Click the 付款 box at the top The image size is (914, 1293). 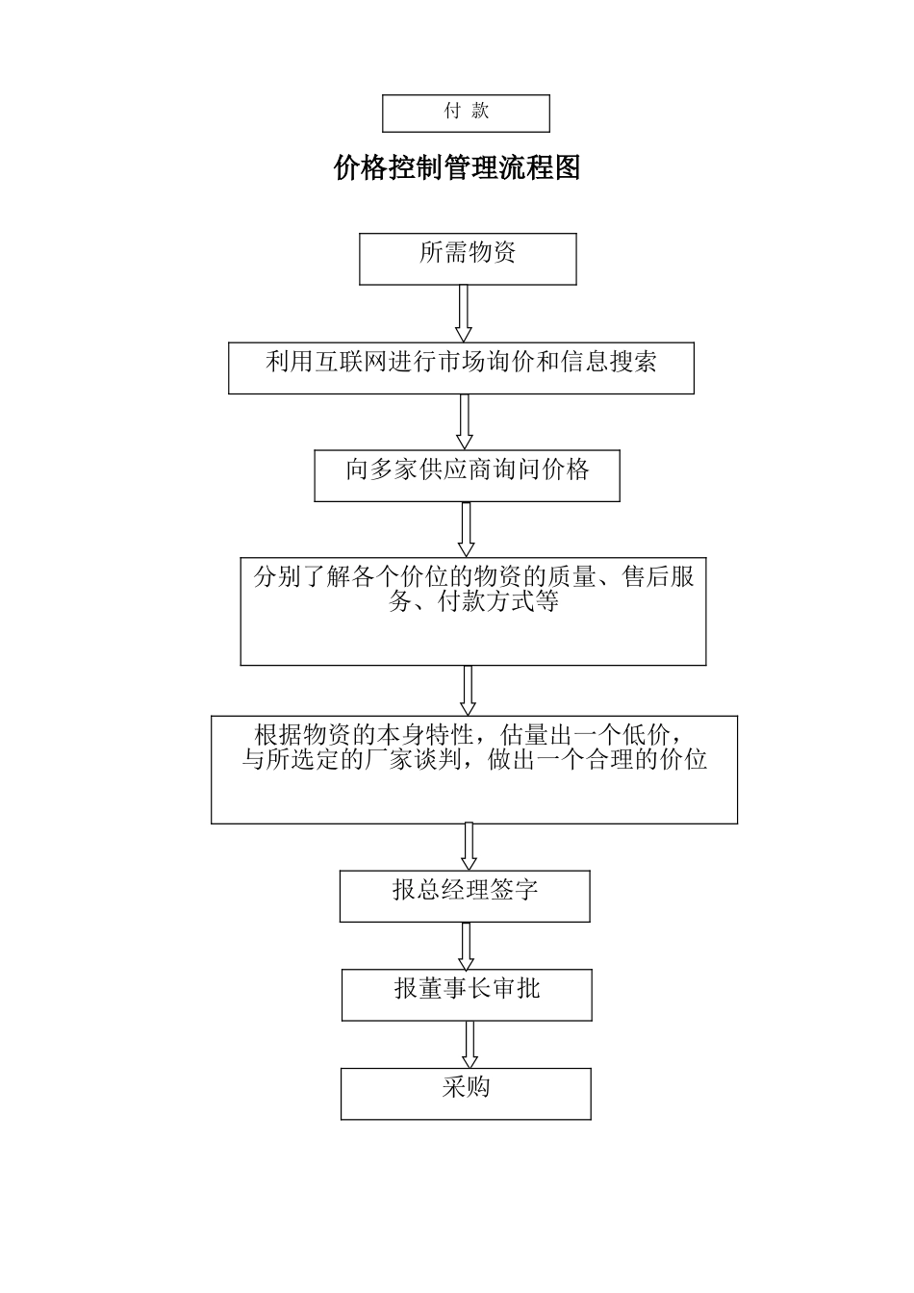coord(466,113)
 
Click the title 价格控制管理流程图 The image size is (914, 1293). coord(457,168)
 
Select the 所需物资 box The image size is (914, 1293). coord(468,258)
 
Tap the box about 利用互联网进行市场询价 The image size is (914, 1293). coord(461,368)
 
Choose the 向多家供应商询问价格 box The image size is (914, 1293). coord(467,475)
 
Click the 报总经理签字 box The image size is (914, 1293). coord(465,896)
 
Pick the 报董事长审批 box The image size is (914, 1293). coord(467,994)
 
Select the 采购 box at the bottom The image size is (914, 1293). coord(466,1093)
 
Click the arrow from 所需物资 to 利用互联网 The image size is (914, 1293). coord(464,313)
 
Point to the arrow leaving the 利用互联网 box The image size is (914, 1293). coord(464,421)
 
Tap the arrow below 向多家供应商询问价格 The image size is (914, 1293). coord(467,528)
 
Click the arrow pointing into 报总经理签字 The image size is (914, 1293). coord(469,847)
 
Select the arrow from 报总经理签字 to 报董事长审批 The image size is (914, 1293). coord(467,946)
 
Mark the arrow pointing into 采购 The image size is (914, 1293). coord(470,1044)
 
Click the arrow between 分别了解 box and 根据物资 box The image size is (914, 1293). coord(469,690)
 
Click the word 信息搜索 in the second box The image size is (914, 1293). coord(609,362)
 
